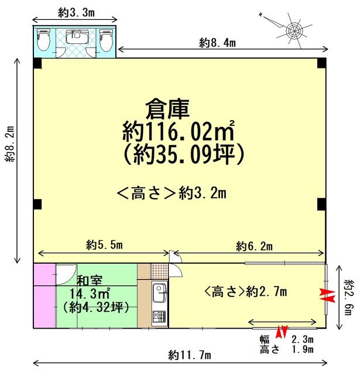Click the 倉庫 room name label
[167, 109]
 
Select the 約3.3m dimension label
[77, 13]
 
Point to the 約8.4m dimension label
[217, 43]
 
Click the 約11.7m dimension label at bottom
[190, 355]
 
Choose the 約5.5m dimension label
[104, 245]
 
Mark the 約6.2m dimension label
[255, 246]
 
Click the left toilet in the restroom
[43, 40]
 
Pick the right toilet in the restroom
[105, 40]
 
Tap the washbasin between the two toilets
[77, 36]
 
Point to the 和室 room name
[90, 281]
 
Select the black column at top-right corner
[321, 63]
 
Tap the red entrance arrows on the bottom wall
[282, 332]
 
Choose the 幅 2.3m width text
[287, 339]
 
